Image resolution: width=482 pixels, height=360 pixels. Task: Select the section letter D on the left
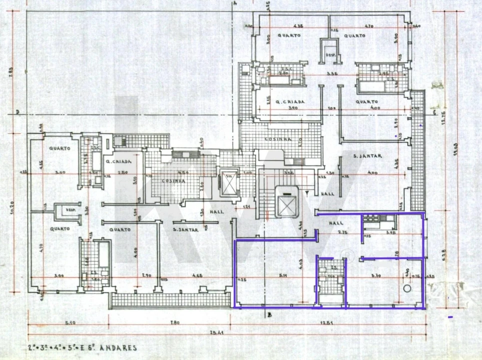(18, 111)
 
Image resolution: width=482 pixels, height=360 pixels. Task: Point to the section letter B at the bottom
(269, 314)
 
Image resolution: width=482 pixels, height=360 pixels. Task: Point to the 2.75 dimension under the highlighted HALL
(343, 233)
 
